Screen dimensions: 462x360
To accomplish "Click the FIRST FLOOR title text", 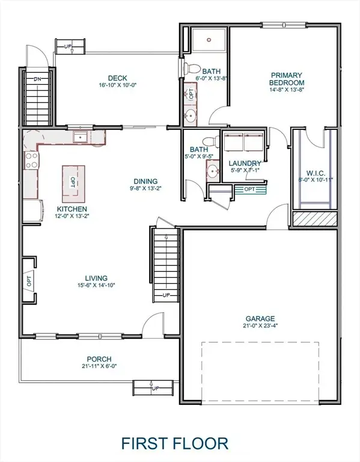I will coord(175,444).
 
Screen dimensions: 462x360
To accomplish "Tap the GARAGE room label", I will coord(260,318).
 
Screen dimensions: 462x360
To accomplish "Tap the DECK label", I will coord(117,78).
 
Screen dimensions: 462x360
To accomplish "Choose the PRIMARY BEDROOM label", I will coord(286,79).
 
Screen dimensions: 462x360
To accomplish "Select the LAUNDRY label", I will coord(245,163).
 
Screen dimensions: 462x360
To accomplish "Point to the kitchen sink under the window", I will coord(80,138).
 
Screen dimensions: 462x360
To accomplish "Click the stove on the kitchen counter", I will coord(31,160).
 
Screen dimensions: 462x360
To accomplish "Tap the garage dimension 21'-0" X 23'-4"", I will coord(260,327).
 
